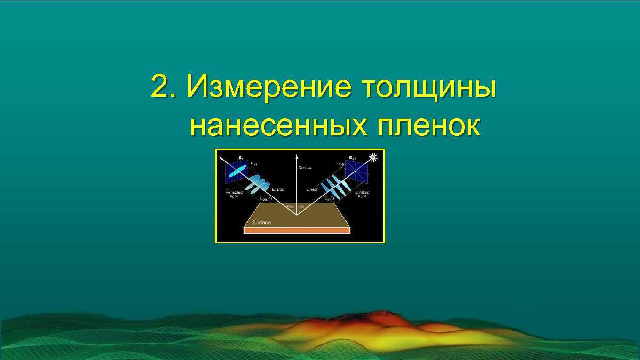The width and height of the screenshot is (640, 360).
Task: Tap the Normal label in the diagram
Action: coord(305,167)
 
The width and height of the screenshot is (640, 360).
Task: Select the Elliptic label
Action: coord(278,189)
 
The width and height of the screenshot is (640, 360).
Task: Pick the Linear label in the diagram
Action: coord(312,190)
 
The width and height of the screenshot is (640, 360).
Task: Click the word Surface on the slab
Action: coord(261,223)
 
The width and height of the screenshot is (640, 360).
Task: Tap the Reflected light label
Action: coord(234,194)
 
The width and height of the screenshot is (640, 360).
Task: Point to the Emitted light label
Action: coord(362,194)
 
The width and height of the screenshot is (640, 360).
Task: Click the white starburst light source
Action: coord(374,157)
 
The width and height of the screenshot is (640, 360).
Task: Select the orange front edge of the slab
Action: coord(297,231)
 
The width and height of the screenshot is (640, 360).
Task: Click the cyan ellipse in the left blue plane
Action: coord(238,171)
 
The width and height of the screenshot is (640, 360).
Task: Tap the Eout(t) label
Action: coord(266,198)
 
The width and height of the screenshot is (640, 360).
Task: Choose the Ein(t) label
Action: coord(329,198)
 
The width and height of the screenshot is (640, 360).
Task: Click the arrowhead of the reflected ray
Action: coord(221,157)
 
